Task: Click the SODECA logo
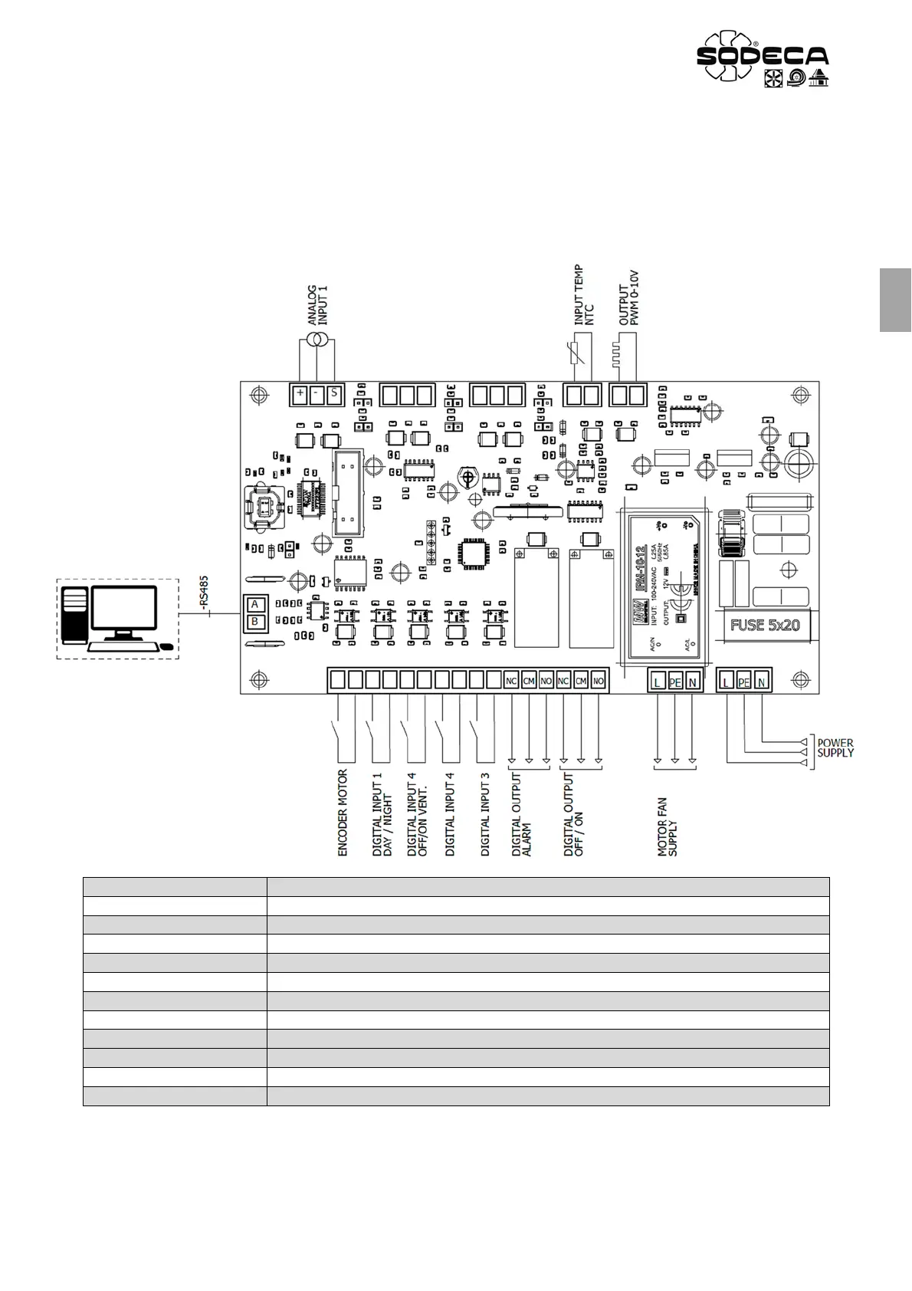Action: [762, 58]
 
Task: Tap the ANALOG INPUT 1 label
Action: [317, 305]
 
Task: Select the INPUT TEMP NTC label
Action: [584, 296]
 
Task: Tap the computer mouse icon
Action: [166, 647]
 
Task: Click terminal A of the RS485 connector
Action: [255, 605]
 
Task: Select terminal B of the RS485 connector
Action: [255, 622]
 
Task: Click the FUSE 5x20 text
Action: [764, 625]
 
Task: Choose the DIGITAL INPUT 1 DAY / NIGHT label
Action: [382, 815]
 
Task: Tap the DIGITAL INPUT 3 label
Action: [485, 814]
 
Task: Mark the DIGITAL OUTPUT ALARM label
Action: [521, 815]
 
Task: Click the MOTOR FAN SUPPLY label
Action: [668, 826]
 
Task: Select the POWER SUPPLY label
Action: [835, 747]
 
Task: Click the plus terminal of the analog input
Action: [300, 395]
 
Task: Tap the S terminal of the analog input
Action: [334, 395]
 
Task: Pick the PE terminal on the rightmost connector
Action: [743, 681]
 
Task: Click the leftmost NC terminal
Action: [511, 681]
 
